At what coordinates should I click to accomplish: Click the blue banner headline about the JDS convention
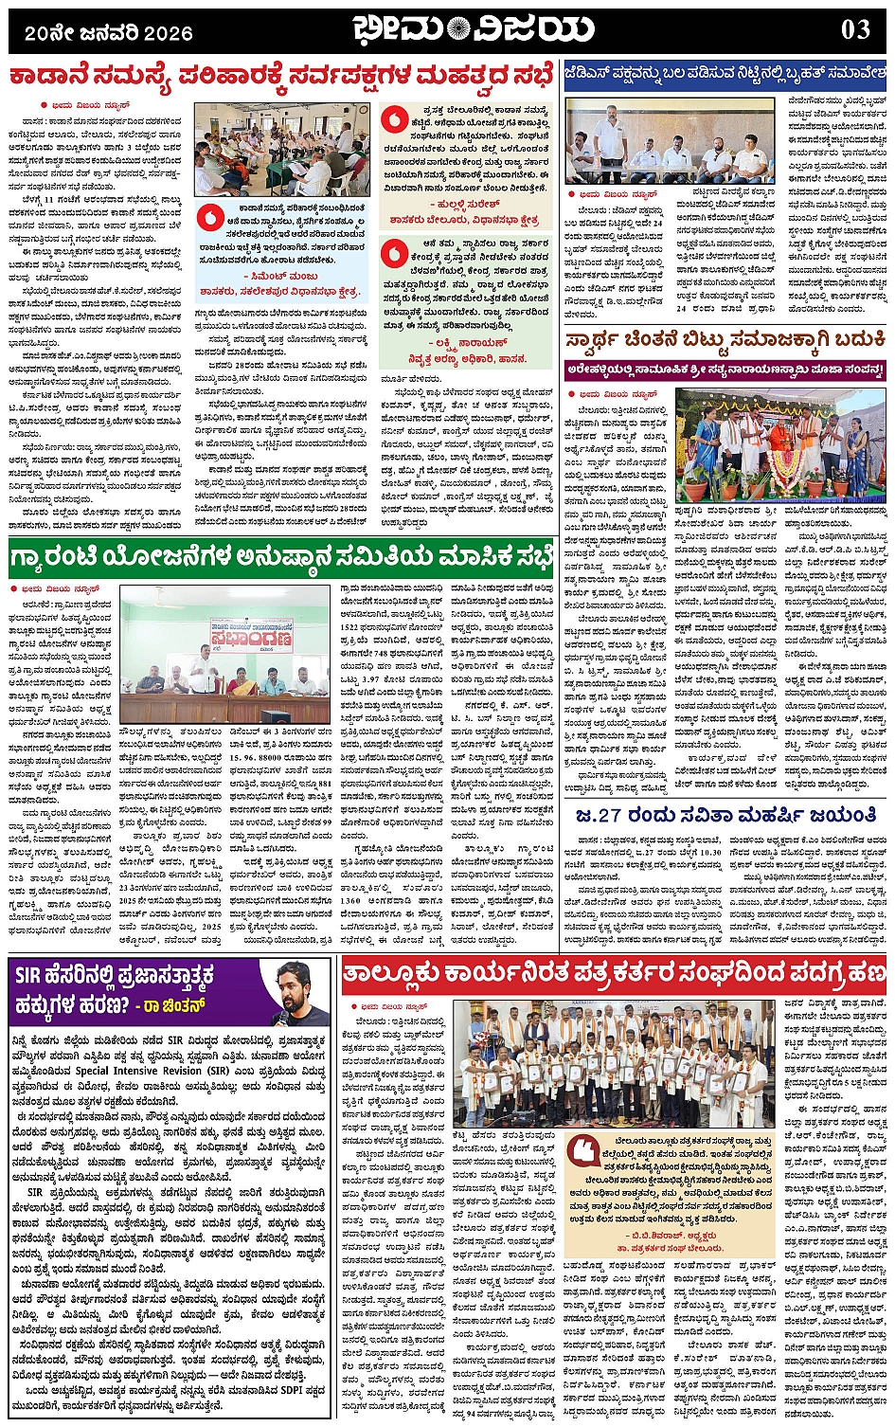pos(725,72)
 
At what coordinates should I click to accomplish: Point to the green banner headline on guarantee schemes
pos(281,557)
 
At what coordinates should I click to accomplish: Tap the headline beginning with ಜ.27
pos(725,815)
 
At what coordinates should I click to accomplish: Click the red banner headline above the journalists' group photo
pos(614,973)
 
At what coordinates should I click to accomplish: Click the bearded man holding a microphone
pos(298,992)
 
